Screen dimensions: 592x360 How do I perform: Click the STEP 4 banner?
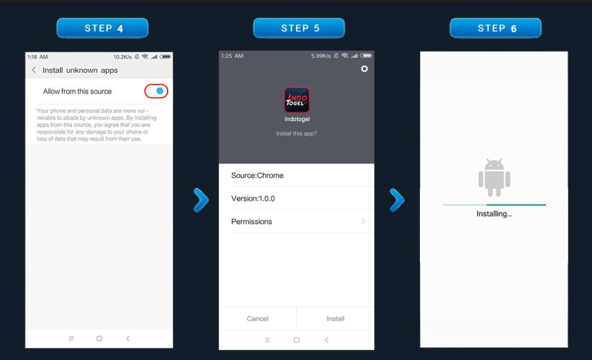tap(103, 29)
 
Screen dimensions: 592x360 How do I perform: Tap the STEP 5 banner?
tap(299, 29)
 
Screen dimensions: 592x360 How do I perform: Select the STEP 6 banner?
tap(496, 29)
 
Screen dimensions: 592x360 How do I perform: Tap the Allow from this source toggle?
tap(156, 91)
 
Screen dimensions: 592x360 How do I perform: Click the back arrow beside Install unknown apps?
tap(34, 70)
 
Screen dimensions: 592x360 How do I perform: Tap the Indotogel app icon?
tap(297, 100)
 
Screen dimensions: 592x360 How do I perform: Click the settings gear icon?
tap(364, 69)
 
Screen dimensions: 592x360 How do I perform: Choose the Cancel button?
tap(257, 319)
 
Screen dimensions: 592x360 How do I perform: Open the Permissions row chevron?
tap(363, 221)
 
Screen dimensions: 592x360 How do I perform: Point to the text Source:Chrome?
tap(257, 176)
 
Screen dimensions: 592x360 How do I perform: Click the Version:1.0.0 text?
tap(253, 199)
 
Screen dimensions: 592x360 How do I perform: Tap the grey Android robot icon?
tap(494, 178)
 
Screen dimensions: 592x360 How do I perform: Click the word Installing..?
tap(492, 214)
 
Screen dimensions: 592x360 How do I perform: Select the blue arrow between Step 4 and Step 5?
tap(201, 200)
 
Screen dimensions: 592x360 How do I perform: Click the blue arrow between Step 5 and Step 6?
tap(397, 200)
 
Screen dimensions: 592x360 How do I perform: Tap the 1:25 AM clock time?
tap(232, 56)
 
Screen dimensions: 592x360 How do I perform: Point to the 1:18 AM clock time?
tap(38, 57)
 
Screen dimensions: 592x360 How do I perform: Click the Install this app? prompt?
tap(297, 133)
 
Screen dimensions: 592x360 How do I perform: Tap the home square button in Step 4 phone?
tap(99, 339)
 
